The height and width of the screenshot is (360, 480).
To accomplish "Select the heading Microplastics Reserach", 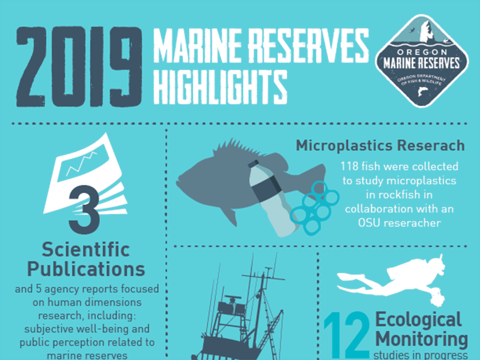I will pos(380,145).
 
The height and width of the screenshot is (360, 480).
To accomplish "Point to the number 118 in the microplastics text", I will pos(350,167).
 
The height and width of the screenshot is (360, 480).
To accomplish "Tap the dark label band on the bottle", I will pos(265,190).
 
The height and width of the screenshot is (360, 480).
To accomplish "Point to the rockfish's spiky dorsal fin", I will pos(234,150).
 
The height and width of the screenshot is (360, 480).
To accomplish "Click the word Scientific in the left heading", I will pos(85,250).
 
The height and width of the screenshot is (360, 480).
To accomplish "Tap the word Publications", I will pos(86,269).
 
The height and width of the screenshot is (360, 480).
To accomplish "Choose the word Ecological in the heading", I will pos(419,320).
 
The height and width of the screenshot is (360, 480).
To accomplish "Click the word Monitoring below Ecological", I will pos(421,339).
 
